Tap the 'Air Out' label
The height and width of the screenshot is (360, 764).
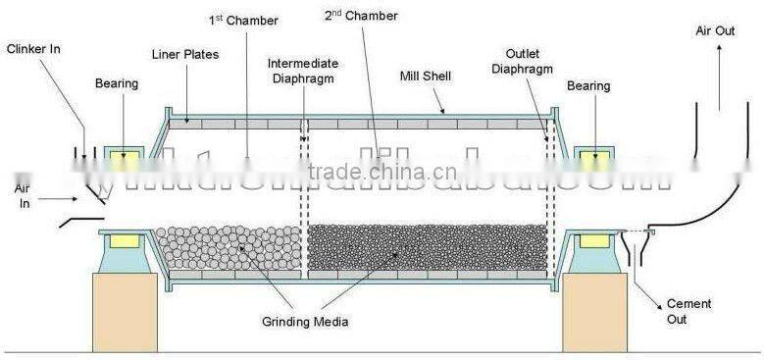click(717, 30)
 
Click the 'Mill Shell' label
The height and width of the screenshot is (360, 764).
click(425, 75)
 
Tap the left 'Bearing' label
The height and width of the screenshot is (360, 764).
click(117, 83)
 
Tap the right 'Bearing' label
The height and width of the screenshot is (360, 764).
click(587, 86)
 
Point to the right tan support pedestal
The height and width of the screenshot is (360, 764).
click(594, 312)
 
